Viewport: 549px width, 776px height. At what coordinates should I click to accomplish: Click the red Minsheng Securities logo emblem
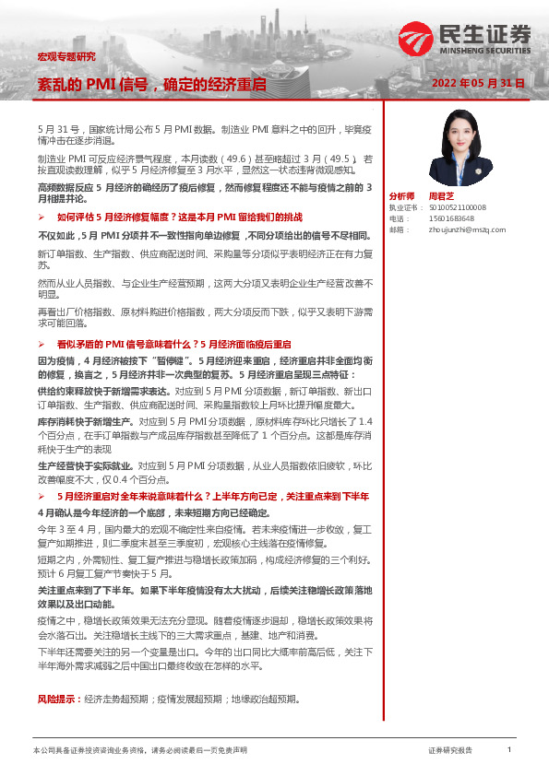click(417, 38)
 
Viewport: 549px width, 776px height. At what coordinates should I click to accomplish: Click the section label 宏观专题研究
click(66, 56)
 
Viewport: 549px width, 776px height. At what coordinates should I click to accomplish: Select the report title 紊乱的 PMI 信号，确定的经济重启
click(151, 84)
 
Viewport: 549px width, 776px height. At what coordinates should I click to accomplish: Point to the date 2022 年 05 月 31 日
click(480, 84)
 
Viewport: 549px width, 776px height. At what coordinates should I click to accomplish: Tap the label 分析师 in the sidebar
click(402, 196)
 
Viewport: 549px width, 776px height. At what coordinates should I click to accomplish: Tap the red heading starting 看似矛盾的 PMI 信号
click(174, 343)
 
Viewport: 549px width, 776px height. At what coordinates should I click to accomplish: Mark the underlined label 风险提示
click(57, 699)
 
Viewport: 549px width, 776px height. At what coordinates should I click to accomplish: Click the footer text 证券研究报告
click(449, 752)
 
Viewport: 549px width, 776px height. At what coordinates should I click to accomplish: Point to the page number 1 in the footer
click(509, 751)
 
